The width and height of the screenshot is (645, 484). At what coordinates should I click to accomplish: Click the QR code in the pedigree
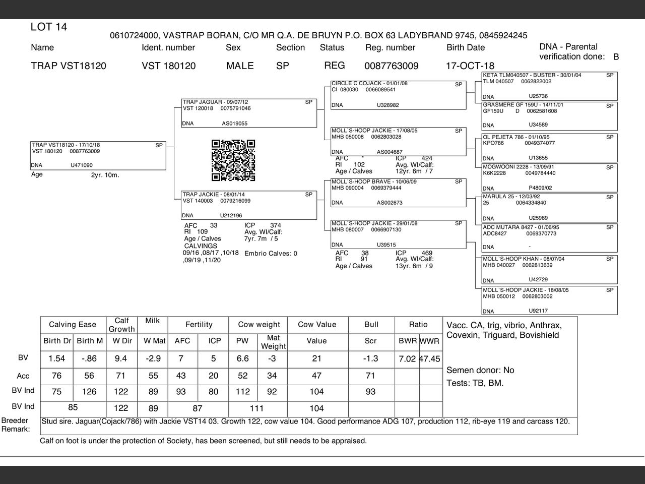point(233,160)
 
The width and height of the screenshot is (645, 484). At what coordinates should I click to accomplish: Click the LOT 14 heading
point(49,27)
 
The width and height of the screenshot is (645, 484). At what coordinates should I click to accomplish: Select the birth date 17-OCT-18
point(470,66)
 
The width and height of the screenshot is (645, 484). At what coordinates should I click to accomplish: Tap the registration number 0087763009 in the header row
point(391,66)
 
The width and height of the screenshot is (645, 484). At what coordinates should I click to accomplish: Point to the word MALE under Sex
point(240,66)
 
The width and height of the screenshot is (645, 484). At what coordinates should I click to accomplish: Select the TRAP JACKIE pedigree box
point(249,205)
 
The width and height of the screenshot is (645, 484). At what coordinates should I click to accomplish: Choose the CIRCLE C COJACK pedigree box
point(398,95)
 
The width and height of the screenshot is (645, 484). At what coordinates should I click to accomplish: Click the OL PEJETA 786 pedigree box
point(549,147)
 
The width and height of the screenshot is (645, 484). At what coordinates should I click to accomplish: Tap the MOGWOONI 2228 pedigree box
point(549,177)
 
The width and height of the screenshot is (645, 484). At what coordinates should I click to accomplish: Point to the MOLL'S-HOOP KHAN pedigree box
point(549,269)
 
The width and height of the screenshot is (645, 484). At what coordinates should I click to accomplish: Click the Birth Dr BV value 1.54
point(57,359)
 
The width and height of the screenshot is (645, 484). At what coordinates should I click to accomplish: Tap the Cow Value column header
point(316,325)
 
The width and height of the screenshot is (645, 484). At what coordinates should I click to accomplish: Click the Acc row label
point(23,376)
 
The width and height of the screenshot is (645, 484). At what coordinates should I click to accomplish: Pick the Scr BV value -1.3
point(370,359)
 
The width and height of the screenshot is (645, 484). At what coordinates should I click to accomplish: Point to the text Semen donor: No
point(480,371)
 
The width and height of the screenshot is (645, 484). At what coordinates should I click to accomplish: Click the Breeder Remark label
point(15,425)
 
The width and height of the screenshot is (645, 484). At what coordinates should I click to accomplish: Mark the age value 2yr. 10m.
point(105,175)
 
